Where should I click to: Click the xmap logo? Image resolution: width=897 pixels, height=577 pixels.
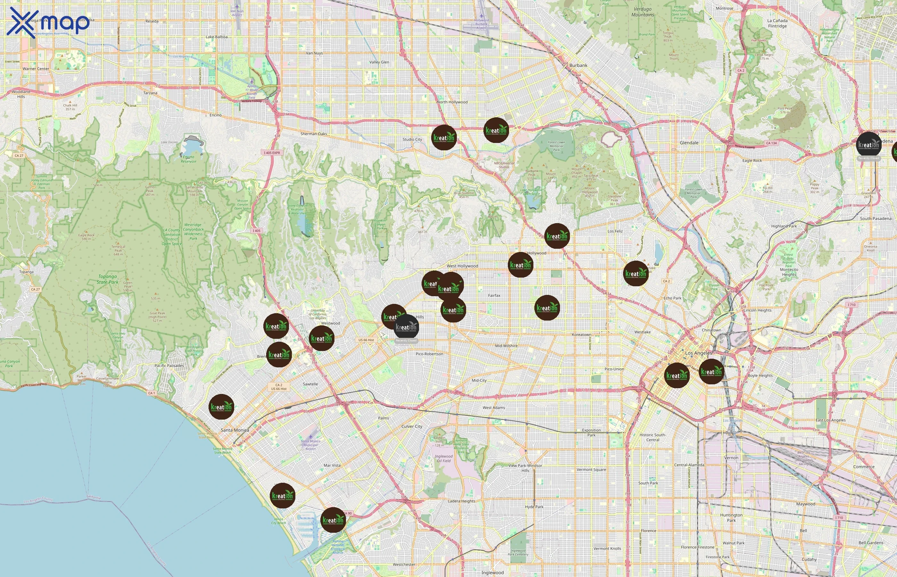pos(49,22)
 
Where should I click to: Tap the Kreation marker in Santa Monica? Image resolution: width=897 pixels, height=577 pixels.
pos(221,407)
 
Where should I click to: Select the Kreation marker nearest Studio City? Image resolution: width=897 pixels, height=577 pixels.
pos(444,138)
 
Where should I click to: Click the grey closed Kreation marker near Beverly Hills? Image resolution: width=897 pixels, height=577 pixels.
pos(406,327)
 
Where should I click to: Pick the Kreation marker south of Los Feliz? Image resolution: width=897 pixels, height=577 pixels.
pos(636,274)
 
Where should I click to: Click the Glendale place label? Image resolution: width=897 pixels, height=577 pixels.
pos(689,143)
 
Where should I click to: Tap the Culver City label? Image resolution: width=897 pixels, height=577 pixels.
pos(411,426)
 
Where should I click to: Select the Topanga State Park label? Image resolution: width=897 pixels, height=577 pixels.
pos(108,280)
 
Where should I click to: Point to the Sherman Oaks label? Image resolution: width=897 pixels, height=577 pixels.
pos(313,134)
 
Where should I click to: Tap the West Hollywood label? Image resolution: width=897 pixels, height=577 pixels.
pos(462,266)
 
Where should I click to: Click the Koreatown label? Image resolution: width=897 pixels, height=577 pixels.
pos(581,335)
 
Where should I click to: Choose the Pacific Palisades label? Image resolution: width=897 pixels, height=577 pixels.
pos(169,366)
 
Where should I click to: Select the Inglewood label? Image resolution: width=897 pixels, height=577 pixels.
pos(492,573)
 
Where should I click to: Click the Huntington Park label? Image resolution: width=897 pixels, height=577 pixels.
pos(731,517)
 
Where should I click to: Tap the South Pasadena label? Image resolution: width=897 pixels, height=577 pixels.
pos(875,218)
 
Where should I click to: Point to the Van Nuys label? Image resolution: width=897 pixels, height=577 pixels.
pos(314,53)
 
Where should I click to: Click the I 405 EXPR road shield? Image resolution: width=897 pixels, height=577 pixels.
pos(272,153)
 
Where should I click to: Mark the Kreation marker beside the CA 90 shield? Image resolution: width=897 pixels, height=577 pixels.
pos(333,520)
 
